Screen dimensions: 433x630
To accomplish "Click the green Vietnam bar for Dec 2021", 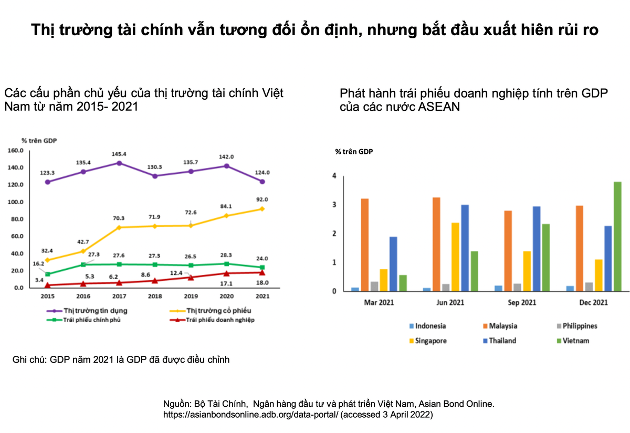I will [x=617, y=236].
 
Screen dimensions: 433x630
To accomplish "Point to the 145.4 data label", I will [x=119, y=154].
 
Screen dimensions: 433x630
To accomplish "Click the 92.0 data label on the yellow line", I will [x=262, y=199].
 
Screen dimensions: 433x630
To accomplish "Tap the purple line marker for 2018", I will [x=155, y=176].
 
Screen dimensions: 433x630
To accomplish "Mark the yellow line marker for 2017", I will [x=119, y=227].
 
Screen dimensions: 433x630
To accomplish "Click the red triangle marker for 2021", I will [x=262, y=272].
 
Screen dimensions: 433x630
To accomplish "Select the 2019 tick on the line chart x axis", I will [x=191, y=297].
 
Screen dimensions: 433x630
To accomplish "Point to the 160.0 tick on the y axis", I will [x=15, y=151].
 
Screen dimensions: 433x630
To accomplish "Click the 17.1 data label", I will [x=226, y=283].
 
